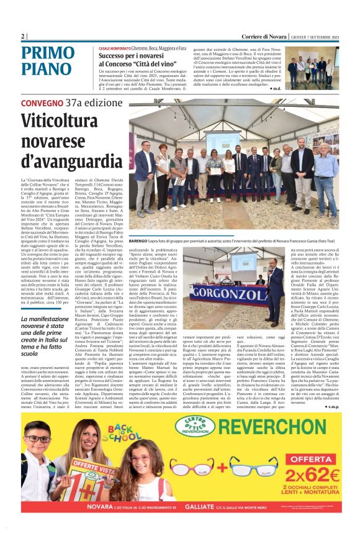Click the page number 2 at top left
click(23, 37)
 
